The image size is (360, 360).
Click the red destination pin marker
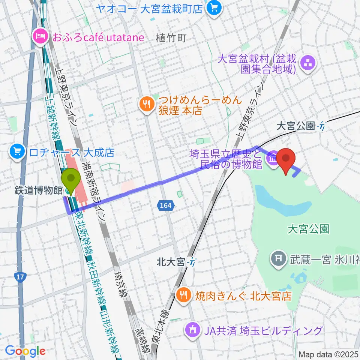point(287,160)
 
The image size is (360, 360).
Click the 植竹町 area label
point(171,37)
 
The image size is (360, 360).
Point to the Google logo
point(25,351)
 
